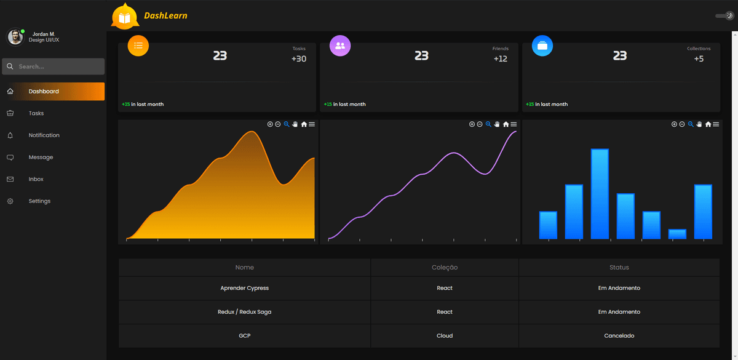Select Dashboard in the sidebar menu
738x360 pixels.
click(x=44, y=91)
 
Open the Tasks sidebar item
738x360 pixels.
click(x=36, y=113)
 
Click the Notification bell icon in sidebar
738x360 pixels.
click(x=10, y=135)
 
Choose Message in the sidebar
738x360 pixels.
click(x=41, y=157)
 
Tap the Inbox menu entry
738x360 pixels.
click(x=36, y=179)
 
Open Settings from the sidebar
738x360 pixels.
click(x=39, y=201)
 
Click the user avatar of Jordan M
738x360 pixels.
click(x=15, y=37)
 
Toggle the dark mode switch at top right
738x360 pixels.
click(x=725, y=16)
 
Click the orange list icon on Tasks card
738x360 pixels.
click(x=138, y=46)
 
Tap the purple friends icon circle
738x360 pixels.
click(x=340, y=46)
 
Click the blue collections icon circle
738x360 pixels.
click(x=542, y=46)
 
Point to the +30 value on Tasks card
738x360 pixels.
click(x=299, y=59)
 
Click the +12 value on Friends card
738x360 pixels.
click(x=500, y=59)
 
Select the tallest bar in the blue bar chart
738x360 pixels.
click(x=600, y=194)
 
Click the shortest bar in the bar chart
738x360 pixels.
click(x=677, y=234)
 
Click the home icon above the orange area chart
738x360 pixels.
click(x=304, y=124)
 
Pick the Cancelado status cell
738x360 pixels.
click(x=619, y=336)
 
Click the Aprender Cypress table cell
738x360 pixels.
click(x=244, y=288)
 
